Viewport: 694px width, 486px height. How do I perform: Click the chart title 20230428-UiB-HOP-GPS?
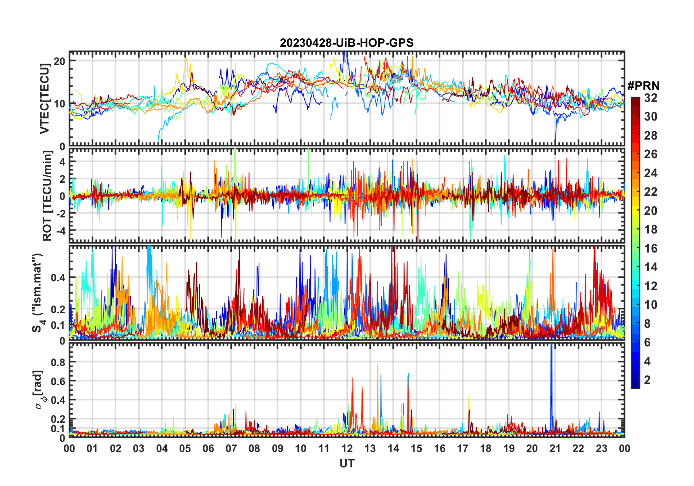pos(347,43)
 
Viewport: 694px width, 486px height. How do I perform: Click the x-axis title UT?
pos(347,463)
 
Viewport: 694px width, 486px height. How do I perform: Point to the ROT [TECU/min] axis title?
pos(47,195)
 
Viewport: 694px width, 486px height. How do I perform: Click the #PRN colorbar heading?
pos(643,86)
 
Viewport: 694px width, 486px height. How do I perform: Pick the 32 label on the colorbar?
pos(651,98)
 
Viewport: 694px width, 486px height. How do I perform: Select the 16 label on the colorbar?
pos(651,248)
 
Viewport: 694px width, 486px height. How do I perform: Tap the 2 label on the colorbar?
pos(647,380)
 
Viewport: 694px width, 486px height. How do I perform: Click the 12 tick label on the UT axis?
pos(347,448)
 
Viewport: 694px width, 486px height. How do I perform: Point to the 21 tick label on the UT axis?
pos(555,448)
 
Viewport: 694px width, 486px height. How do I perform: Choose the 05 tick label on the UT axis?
pos(185,448)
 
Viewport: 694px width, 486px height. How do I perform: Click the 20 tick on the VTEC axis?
pos(59,61)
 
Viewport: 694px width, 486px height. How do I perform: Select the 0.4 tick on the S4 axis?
pos(58,278)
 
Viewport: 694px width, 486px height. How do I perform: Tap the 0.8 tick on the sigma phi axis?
pos(58,362)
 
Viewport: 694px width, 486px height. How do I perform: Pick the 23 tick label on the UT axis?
pos(601,448)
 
